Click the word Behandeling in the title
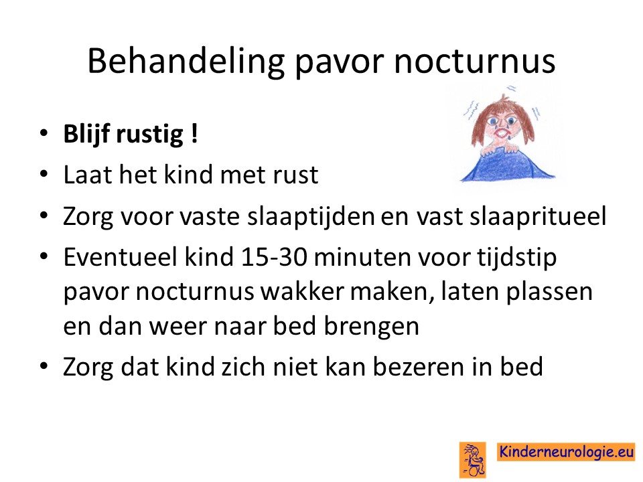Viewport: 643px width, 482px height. tap(186, 62)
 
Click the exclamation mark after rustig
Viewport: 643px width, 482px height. tap(194, 133)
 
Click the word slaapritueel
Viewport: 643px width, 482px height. tap(538, 216)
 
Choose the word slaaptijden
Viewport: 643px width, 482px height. tap(311, 216)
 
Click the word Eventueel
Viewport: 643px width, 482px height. tap(121, 257)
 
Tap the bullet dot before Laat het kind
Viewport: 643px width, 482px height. tap(44, 174)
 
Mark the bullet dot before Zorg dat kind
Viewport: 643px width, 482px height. tap(44, 366)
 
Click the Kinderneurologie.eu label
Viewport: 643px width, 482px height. tap(566, 452)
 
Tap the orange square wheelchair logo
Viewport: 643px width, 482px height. tap(472, 460)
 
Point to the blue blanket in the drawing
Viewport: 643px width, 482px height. tap(508, 165)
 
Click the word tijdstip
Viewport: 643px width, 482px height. tap(516, 258)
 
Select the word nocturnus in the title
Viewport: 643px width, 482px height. tap(474, 62)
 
